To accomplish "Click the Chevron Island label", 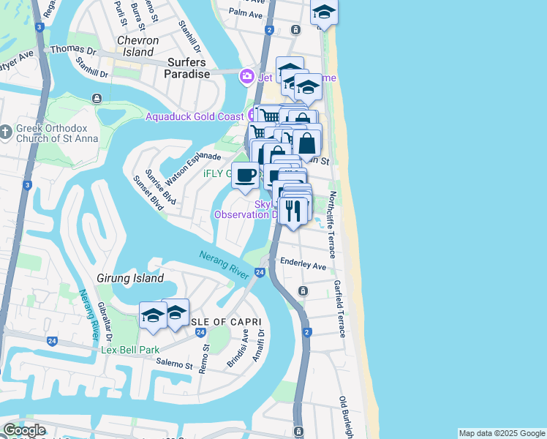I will click(x=135, y=45).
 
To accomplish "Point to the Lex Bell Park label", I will click(x=129, y=350).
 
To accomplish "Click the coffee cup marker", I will click(x=246, y=176).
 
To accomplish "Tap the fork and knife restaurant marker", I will click(x=294, y=211).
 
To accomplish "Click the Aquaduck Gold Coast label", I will click(x=195, y=116).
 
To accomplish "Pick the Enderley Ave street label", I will click(x=303, y=266).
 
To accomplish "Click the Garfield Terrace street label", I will click(x=339, y=308).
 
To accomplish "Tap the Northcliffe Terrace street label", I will click(x=331, y=225).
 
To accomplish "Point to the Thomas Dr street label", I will click(x=73, y=51).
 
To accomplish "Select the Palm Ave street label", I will click(x=245, y=14).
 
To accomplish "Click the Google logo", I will click(x=24, y=430).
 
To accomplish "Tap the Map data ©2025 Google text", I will click(x=502, y=433).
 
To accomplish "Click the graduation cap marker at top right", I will click(x=324, y=12).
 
